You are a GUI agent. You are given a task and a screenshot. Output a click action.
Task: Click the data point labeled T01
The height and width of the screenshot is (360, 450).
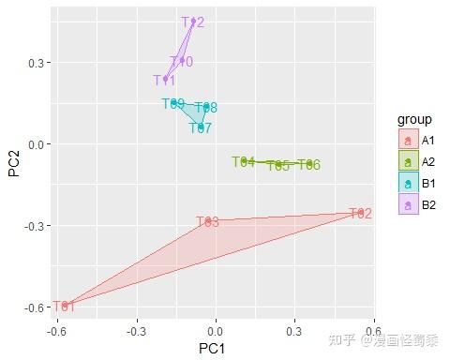[x=65, y=306]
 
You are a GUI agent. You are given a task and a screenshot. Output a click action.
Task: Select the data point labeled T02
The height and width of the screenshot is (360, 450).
[x=360, y=213]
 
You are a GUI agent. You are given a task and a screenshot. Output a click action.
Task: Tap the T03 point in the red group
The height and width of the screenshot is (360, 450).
[x=208, y=221]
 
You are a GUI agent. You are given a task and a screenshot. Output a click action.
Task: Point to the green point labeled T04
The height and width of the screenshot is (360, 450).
[x=244, y=161]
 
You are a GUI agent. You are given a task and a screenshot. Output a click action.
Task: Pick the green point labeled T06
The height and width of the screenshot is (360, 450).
[x=309, y=164]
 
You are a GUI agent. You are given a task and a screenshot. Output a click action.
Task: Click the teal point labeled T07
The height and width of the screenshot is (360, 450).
[x=201, y=127]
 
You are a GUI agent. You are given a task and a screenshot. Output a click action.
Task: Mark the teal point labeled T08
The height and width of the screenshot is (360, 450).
[x=206, y=107]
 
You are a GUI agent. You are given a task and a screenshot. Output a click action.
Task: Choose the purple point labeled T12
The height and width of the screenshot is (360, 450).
[x=193, y=22]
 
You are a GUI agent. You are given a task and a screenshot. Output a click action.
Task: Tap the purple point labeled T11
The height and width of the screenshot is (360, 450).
[x=165, y=80]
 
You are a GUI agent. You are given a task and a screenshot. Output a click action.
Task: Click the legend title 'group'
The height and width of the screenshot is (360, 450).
[x=412, y=120]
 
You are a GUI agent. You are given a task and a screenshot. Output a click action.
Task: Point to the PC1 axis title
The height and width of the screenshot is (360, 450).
[x=216, y=349]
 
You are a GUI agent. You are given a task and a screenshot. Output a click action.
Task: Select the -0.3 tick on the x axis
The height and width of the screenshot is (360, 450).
[x=137, y=331]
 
